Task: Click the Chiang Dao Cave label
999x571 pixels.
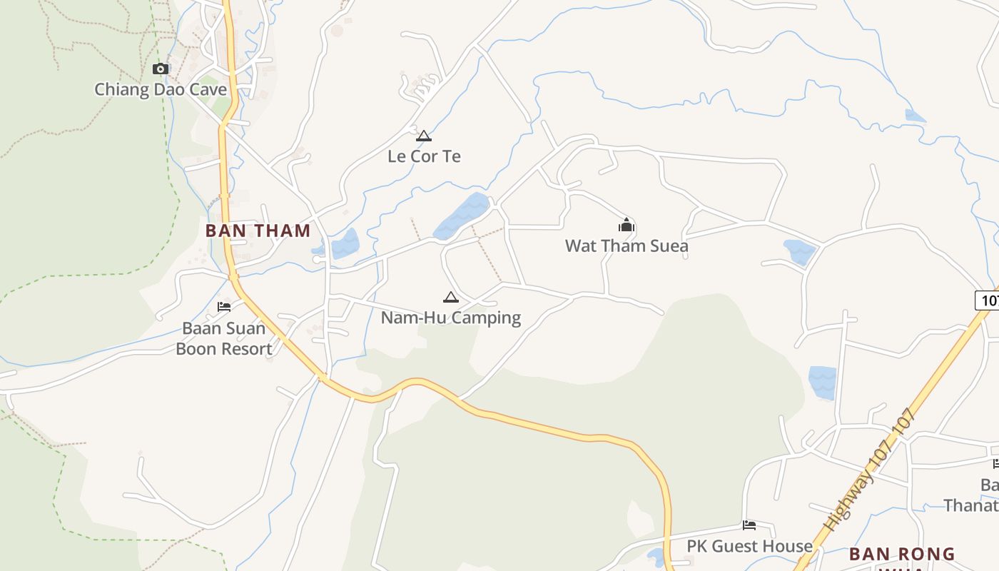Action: (x=161, y=90)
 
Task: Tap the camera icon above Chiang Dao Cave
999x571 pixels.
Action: (x=161, y=69)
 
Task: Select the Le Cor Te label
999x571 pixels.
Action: (x=424, y=156)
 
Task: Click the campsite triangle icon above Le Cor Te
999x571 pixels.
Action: (x=424, y=136)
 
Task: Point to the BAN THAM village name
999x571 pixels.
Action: (x=258, y=231)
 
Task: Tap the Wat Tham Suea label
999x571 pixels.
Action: (x=627, y=246)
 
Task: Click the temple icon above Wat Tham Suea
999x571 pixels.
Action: (x=627, y=226)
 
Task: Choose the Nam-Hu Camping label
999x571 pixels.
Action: (x=450, y=318)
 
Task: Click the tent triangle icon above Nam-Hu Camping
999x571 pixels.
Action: (x=450, y=297)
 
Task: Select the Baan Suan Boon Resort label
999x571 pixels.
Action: (x=223, y=338)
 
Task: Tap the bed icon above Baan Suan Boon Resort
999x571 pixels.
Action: (x=224, y=307)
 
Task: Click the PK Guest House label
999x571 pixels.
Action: (x=749, y=546)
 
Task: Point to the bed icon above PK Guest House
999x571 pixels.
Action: (x=749, y=525)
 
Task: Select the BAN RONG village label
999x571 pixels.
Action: (x=902, y=554)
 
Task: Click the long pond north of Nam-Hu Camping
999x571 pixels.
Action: (x=462, y=215)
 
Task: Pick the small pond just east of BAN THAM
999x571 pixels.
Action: (x=345, y=243)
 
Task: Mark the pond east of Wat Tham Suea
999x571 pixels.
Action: (x=799, y=251)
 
